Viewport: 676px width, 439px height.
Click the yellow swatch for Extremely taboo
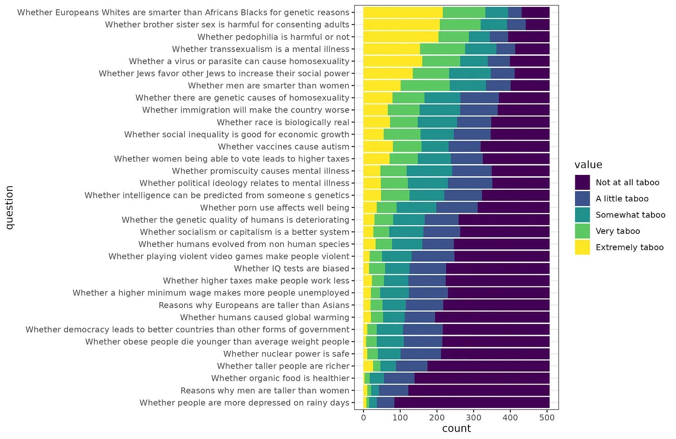[x=582, y=247]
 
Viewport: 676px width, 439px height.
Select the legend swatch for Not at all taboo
[x=582, y=182]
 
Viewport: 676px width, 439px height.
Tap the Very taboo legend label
[x=617, y=231]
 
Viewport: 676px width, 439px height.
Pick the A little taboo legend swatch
[x=582, y=199]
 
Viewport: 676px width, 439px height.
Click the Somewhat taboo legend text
[x=630, y=215]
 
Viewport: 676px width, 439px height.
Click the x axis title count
[x=456, y=428]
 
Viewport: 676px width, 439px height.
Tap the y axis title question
[x=10, y=207]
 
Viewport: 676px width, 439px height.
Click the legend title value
[x=588, y=165]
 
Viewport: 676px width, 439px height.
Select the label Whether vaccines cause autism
[x=283, y=147]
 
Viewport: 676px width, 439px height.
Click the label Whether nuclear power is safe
[x=286, y=354]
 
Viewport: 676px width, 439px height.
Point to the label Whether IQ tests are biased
[x=291, y=268]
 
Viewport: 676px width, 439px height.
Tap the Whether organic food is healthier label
[x=280, y=378]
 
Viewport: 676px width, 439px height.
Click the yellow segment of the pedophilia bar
[x=401, y=37]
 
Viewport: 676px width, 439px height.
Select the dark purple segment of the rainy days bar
[x=472, y=402]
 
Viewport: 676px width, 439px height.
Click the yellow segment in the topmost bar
[x=403, y=13]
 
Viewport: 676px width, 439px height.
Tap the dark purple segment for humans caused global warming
[x=492, y=317]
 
